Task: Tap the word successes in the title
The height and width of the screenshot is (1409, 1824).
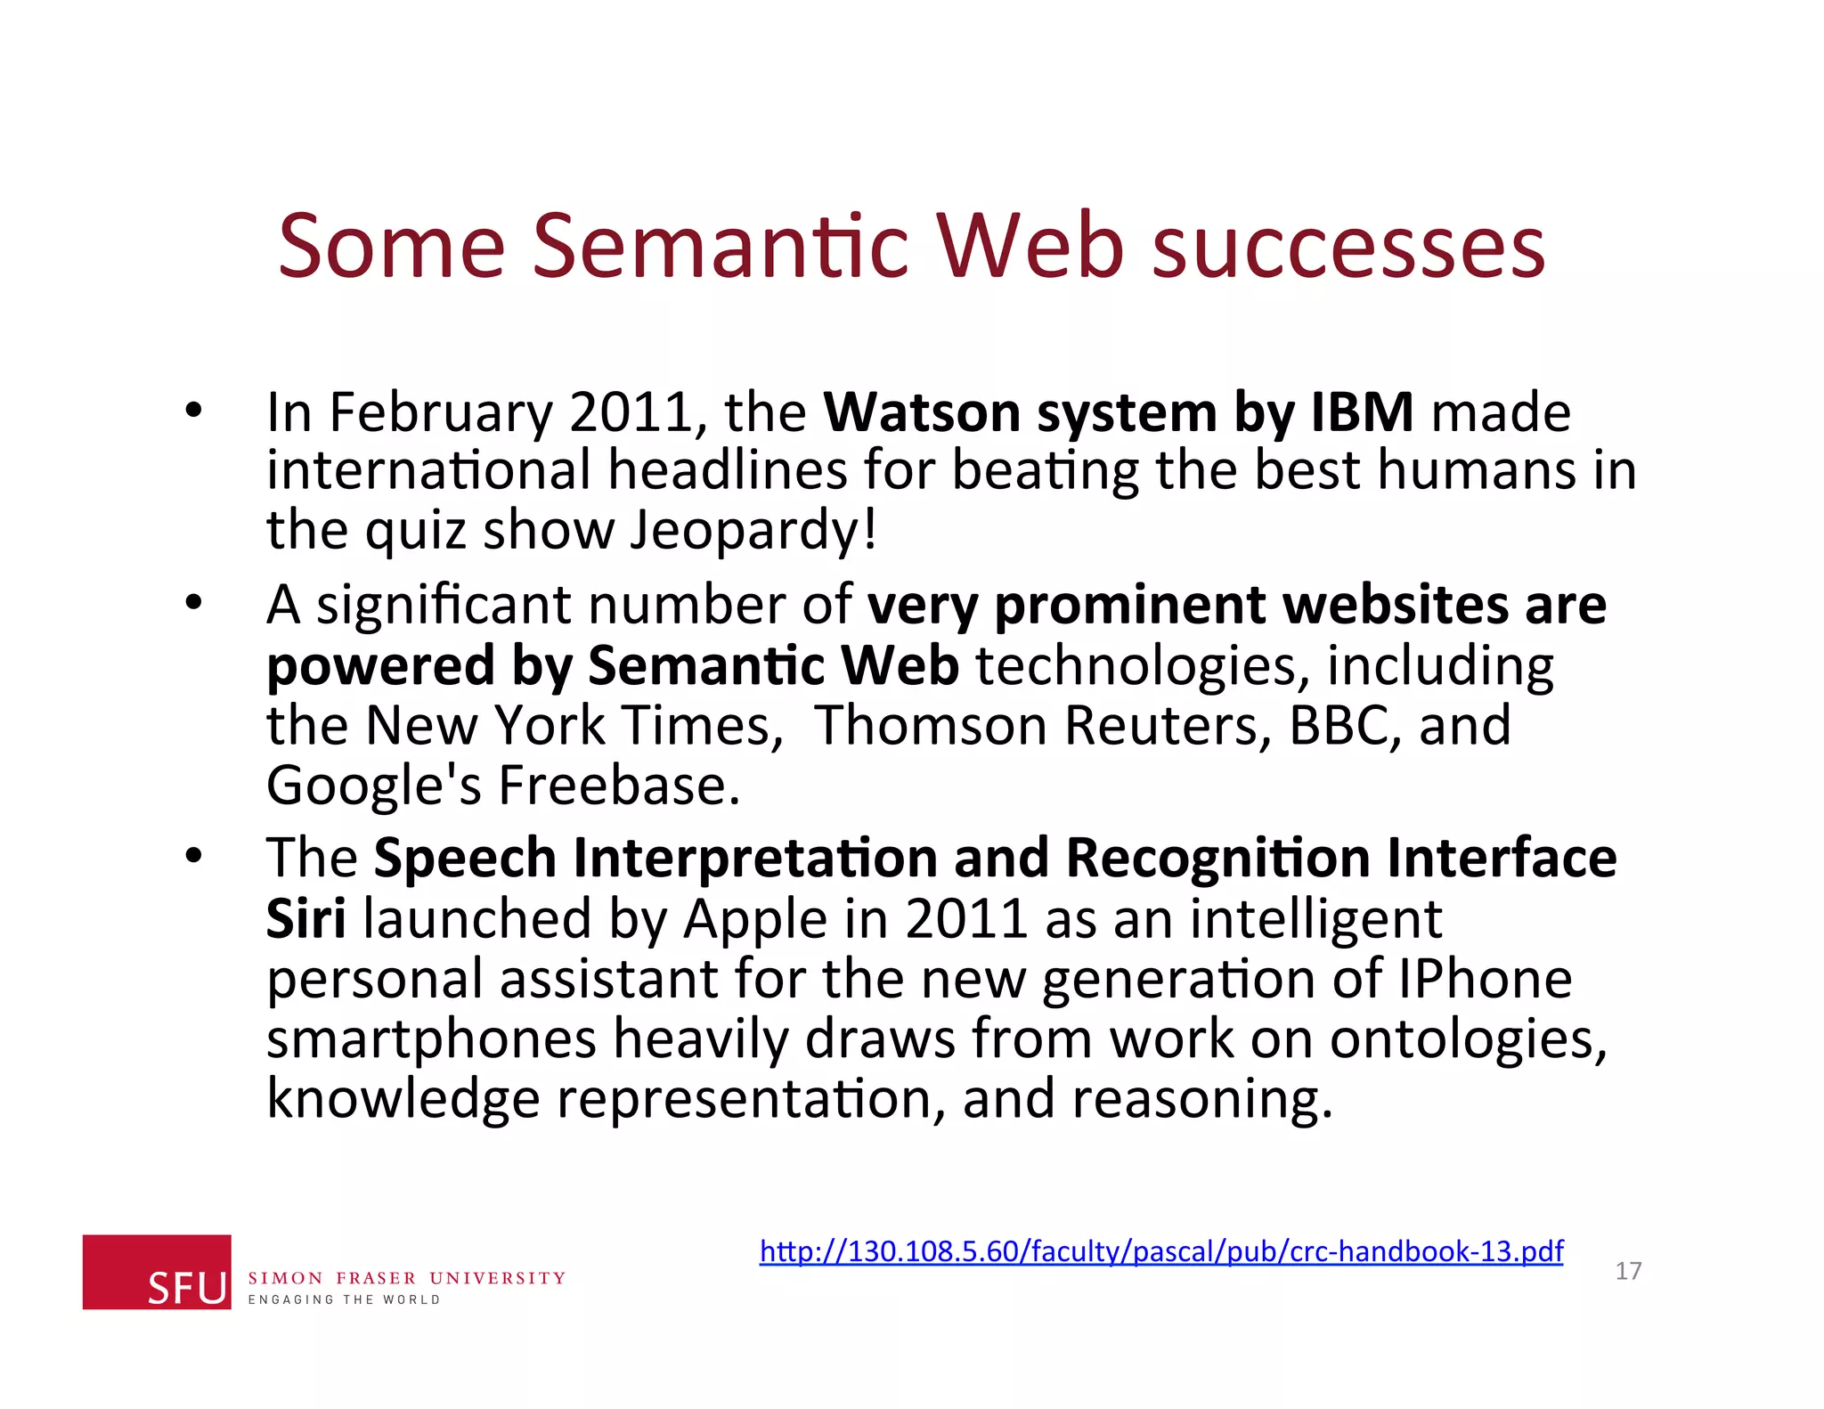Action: (1348, 246)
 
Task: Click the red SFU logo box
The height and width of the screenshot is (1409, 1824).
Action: (157, 1271)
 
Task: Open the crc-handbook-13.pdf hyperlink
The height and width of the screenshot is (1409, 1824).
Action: (1161, 1251)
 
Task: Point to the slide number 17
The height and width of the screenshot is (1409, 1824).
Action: (1628, 1271)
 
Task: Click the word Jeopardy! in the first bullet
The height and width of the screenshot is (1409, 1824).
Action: (753, 530)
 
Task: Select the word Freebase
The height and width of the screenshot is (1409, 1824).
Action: (618, 786)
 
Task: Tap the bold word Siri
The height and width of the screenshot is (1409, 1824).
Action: (305, 918)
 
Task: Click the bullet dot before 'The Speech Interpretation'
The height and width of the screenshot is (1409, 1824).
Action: (194, 857)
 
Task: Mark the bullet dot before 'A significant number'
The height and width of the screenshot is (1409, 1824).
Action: (194, 604)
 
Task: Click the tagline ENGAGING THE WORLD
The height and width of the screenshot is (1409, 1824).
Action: (344, 1299)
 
